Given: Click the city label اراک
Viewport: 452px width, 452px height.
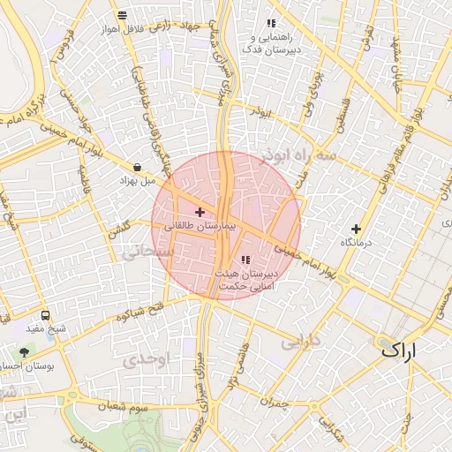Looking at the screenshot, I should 411,350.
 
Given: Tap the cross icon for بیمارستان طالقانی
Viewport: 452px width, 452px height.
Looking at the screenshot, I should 200,212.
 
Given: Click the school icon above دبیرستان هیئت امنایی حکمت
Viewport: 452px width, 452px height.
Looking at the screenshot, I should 245,260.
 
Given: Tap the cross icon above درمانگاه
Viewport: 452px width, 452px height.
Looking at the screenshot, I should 357,229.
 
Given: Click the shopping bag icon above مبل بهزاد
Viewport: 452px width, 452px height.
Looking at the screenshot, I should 138,167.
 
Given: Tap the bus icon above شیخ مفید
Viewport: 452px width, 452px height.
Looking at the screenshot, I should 46,315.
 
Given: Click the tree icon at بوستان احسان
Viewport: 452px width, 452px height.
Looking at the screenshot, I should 24,352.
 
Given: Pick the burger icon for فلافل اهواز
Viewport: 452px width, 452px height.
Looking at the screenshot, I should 121,15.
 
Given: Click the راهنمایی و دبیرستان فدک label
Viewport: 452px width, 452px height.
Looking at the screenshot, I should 275,43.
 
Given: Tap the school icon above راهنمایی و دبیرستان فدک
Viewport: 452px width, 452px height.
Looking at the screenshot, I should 271,23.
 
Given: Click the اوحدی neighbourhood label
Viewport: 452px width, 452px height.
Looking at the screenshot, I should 142,359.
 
